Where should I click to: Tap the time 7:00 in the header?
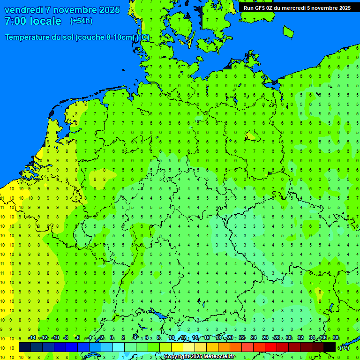point(16,21)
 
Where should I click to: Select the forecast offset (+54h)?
point(81,21)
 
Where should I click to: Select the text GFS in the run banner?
point(260,8)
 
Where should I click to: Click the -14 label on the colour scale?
point(32,338)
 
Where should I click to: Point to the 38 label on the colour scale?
point(335,338)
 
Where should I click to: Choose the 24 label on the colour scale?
point(254,338)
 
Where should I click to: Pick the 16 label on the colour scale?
point(207,338)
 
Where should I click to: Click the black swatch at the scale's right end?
point(329,347)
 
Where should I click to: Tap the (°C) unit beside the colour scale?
point(345,348)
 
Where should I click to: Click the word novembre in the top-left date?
point(75,10)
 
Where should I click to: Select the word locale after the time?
point(45,21)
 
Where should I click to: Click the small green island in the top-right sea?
point(288,31)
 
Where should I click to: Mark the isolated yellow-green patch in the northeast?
point(252,136)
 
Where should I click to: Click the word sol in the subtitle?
point(68,37)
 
